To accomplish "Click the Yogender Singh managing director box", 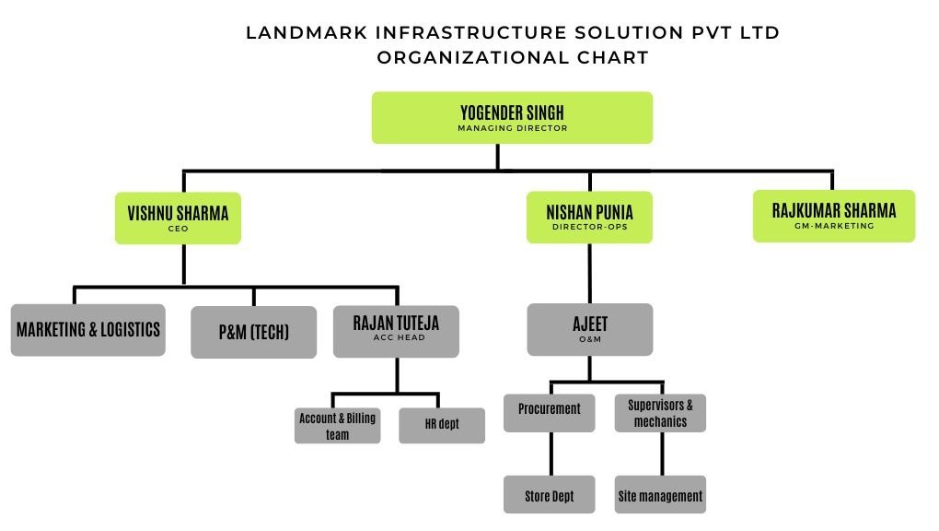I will [x=512, y=117].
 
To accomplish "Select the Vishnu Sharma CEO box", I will [x=178, y=218].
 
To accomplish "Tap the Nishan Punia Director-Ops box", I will [x=589, y=217].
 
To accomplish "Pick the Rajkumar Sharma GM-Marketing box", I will [x=833, y=216].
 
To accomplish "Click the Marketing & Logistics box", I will [x=88, y=329].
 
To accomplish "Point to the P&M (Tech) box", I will [x=253, y=332].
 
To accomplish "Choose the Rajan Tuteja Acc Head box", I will [x=397, y=330].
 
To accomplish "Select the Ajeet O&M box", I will [x=589, y=329].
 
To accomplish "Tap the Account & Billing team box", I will [x=337, y=426].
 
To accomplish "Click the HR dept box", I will [x=442, y=425].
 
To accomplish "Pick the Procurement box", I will [x=550, y=411].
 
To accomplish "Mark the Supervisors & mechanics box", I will [x=660, y=412].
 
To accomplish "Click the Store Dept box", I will [x=550, y=495].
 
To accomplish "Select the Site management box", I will [x=660, y=495].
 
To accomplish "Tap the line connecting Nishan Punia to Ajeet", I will [x=589, y=273].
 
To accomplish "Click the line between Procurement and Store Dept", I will [x=550, y=454].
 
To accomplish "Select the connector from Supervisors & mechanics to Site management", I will [x=662, y=454].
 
